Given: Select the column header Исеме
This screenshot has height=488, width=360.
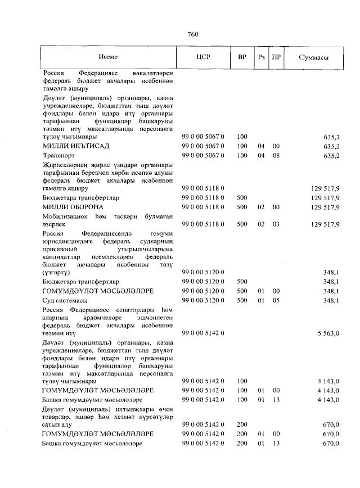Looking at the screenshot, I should click(108, 58).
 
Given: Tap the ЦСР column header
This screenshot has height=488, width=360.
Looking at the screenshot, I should click(202, 58).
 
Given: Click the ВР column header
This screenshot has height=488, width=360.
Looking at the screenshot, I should click(242, 58).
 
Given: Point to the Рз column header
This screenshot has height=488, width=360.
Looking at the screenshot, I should click(261, 58).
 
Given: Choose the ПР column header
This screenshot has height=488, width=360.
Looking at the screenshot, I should click(276, 58).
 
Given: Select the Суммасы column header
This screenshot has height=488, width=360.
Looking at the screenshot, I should click(314, 58).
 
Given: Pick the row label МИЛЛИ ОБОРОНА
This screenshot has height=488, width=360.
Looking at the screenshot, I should click(71, 207).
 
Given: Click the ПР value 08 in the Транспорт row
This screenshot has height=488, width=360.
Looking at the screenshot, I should click(276, 156).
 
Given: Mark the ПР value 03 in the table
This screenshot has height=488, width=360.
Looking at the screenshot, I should click(276, 224).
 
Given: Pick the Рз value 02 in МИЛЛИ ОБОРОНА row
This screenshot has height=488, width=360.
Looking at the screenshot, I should click(261, 207).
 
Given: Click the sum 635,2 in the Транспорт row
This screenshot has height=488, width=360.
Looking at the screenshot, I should click(330, 156).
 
